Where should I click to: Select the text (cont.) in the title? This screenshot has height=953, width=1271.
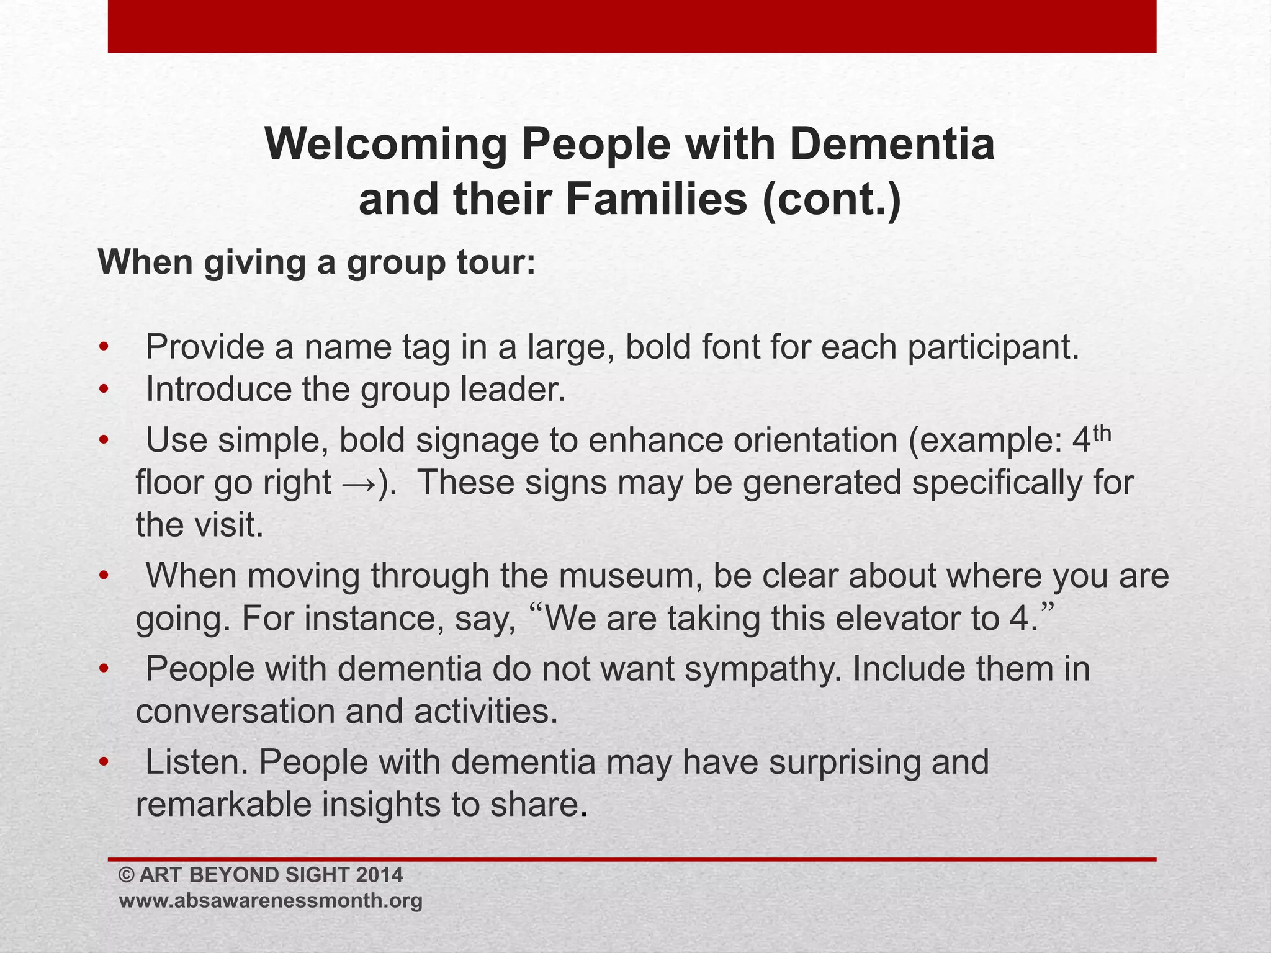(x=832, y=200)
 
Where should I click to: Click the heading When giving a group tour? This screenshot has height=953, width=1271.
(x=317, y=262)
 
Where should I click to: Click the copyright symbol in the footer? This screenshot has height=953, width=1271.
(x=127, y=875)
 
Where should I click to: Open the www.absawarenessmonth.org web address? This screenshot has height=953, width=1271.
(x=271, y=901)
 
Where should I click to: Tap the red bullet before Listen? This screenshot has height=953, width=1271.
(x=104, y=762)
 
